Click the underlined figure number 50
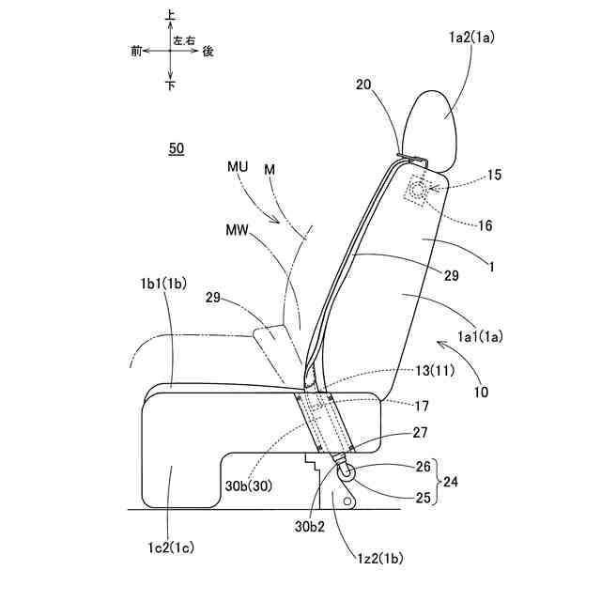(x=176, y=148)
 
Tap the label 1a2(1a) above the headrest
(x=472, y=39)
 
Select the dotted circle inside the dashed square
(x=417, y=191)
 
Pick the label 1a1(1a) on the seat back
(x=479, y=334)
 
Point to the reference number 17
(x=423, y=406)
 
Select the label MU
(x=238, y=166)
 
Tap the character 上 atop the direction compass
(x=169, y=16)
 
